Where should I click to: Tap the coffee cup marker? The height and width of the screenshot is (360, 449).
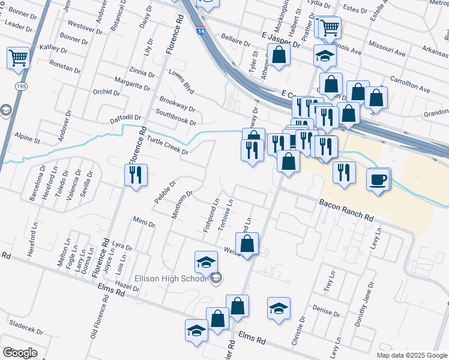coord(378,180)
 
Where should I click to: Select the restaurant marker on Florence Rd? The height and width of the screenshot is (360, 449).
coord(136,175)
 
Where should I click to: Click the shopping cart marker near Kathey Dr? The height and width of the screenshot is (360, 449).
coord(18,58)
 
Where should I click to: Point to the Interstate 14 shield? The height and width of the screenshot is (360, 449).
coord(199,29)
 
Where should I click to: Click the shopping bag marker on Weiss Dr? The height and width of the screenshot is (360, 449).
coord(247,244)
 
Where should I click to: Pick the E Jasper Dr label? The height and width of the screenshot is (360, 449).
coord(281,41)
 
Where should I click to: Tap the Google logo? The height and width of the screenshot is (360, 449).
coord(20,353)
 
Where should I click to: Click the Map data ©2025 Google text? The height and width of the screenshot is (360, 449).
coord(411,355)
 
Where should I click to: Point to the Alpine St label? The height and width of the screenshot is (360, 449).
coord(28,140)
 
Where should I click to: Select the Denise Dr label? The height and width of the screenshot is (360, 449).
coord(326,308)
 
